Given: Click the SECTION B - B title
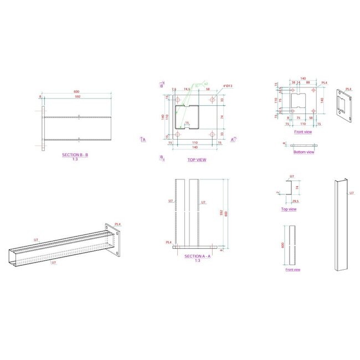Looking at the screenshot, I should pyautogui.click(x=75, y=156).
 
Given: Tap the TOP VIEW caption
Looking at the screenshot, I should pyautogui.click(x=197, y=160).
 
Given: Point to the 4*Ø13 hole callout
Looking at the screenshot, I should pyautogui.click(x=228, y=86).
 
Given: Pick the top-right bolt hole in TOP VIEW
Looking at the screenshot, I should pyautogui.click(x=214, y=101).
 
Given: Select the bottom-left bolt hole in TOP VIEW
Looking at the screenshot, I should pyautogui.click(x=178, y=134).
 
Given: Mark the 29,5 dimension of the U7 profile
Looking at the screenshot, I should pyautogui.click(x=295, y=202).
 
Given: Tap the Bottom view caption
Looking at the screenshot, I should pyautogui.click(x=303, y=152).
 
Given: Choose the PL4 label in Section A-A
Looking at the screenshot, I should pyautogui.click(x=168, y=242).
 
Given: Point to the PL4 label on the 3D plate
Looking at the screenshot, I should pyautogui.click(x=348, y=89).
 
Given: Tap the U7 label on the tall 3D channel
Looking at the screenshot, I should pyautogui.click(x=351, y=193).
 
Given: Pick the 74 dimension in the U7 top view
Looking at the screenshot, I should pyautogui.click(x=297, y=188).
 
